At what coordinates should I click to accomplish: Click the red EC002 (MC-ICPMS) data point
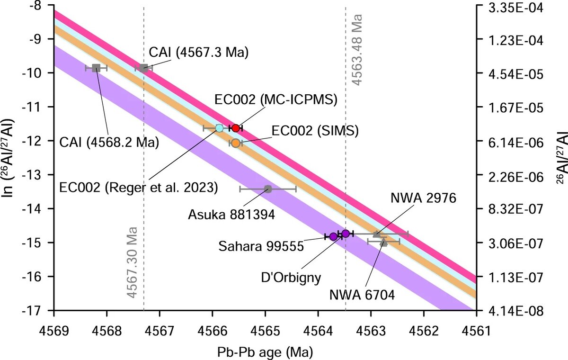[236, 128]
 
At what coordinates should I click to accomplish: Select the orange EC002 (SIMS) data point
[236, 143]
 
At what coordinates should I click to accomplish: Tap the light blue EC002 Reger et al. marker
[219, 128]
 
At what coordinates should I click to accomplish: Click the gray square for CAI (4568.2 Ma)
[96, 68]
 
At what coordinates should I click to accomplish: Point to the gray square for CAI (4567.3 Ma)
[144, 68]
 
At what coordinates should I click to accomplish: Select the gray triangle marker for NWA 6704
[384, 242]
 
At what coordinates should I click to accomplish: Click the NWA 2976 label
[424, 198]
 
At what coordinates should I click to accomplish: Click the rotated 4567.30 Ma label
[133, 268]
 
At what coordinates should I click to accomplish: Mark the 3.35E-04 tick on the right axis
[505, 7]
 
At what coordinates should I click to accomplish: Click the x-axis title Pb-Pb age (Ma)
[265, 351]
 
